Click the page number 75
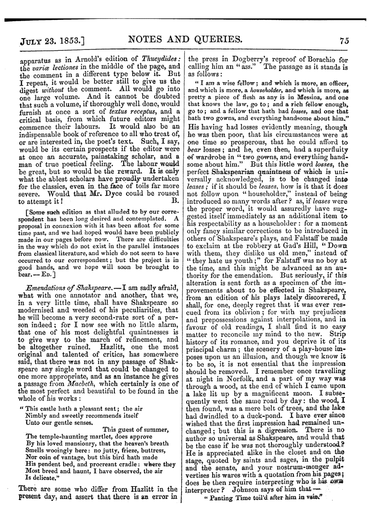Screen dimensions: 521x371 345,40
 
